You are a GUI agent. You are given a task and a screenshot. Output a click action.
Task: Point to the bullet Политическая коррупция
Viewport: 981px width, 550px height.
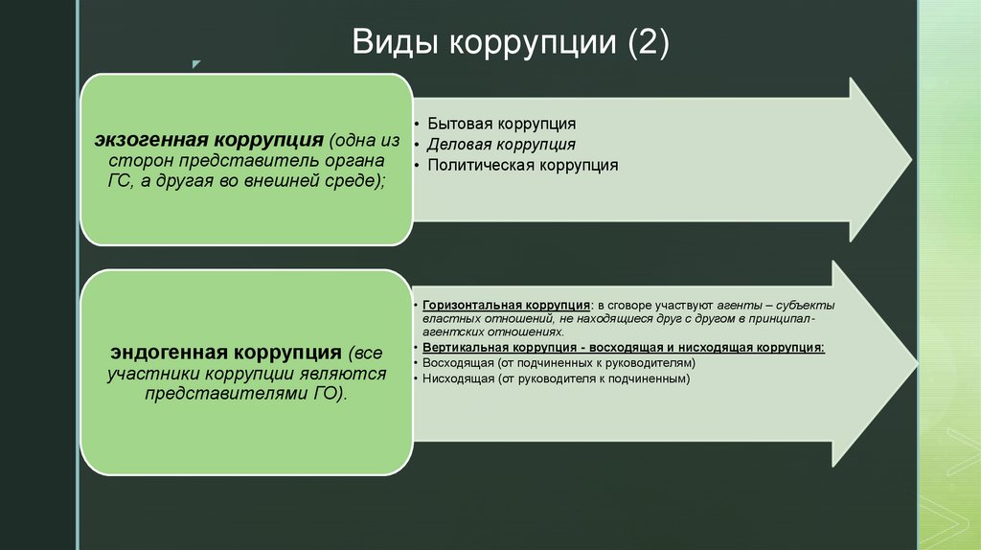(x=522, y=165)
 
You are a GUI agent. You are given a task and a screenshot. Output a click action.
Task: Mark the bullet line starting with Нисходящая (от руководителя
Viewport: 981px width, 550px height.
(x=556, y=379)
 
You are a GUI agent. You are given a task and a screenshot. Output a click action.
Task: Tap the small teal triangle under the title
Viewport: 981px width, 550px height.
(x=195, y=65)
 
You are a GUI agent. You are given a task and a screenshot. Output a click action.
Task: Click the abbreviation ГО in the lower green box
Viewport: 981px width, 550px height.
(x=322, y=394)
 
